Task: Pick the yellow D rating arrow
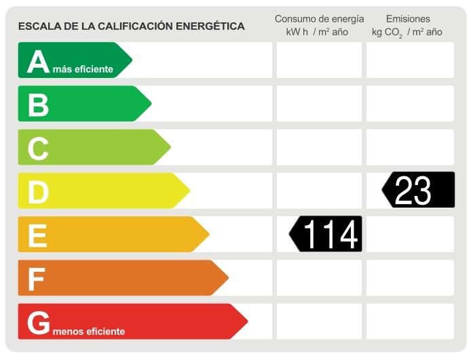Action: [102, 191]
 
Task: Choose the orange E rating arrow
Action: [112, 234]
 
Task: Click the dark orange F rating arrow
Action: [121, 277]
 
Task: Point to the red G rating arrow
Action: [132, 321]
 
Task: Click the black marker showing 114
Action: [326, 234]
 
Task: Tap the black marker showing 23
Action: [419, 191]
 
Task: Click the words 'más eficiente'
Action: [82, 69]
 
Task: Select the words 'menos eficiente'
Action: [88, 332]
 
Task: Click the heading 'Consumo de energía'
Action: [319, 19]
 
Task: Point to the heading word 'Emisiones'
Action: [408, 19]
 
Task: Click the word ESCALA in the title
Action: [36, 26]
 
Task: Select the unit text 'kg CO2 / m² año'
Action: [407, 33]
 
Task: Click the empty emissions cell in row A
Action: [410, 60]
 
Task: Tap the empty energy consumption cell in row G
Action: [319, 321]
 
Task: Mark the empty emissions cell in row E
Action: [410, 234]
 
